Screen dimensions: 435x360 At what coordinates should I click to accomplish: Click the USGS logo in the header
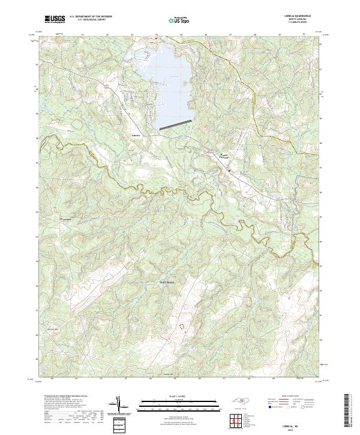point(55,19)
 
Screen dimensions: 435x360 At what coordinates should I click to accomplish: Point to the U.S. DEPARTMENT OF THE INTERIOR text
point(91,17)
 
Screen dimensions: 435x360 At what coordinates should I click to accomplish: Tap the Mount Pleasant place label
point(224,157)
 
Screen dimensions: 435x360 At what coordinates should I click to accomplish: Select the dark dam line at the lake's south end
point(176,124)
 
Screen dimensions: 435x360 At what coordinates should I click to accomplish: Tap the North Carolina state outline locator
point(242,400)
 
